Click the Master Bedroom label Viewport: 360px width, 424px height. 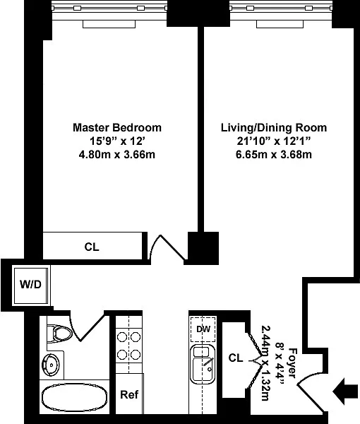(x=117, y=128)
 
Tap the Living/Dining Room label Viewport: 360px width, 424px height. (x=274, y=128)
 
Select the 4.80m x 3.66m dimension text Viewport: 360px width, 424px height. (x=117, y=155)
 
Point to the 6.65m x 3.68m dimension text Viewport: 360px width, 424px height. (x=274, y=155)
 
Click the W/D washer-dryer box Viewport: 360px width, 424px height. (x=30, y=286)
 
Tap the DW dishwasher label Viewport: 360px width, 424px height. (x=203, y=329)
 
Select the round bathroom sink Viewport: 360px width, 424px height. (x=52, y=365)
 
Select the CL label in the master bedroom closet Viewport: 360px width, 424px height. (x=92, y=247)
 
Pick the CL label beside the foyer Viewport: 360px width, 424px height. (x=236, y=358)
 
